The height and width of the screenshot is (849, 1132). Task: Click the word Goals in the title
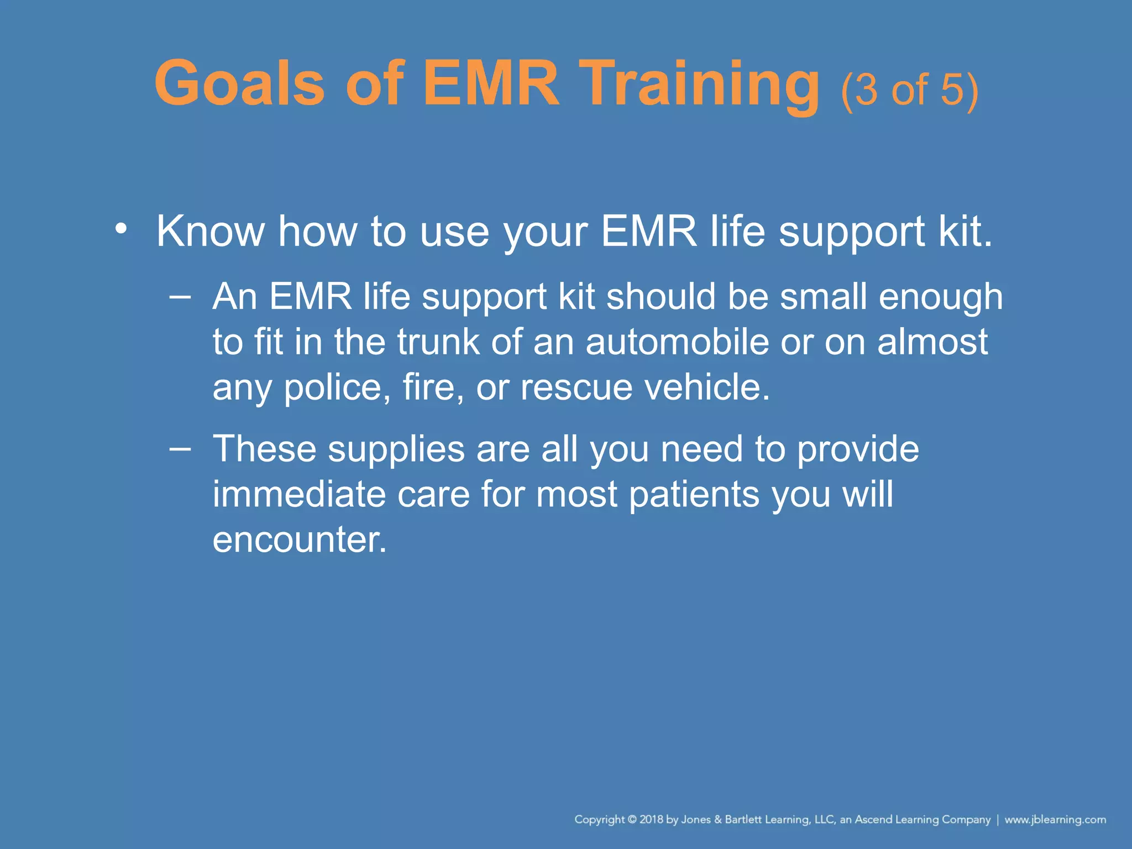point(239,84)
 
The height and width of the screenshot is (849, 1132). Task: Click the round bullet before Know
point(121,228)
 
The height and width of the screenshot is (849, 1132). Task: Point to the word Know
point(211,231)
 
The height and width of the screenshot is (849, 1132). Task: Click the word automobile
point(677,342)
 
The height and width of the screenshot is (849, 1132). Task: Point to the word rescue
point(576,387)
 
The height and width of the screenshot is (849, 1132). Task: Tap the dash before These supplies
point(180,448)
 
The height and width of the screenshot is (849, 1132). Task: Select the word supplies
point(396,449)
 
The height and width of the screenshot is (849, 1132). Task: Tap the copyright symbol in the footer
point(632,819)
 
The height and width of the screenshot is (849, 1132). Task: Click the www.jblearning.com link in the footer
point(1055,819)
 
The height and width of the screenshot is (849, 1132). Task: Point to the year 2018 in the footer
point(651,819)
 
